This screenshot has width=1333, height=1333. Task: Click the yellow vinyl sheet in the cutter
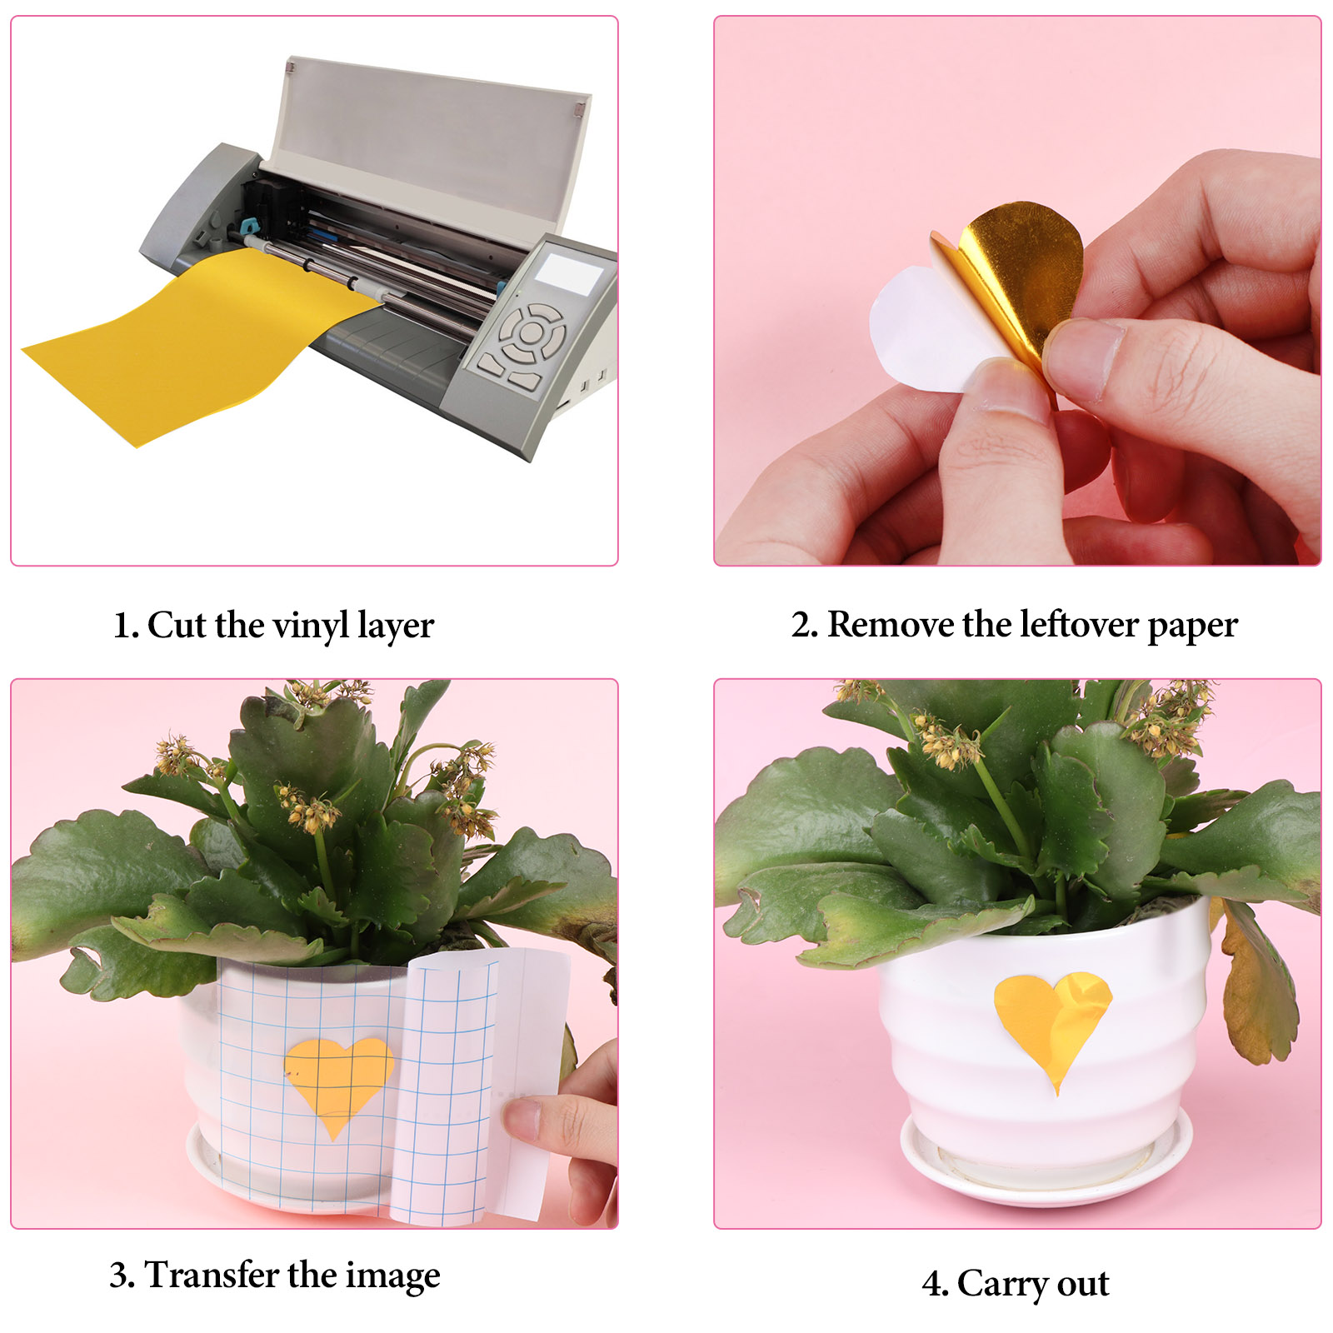(200, 342)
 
